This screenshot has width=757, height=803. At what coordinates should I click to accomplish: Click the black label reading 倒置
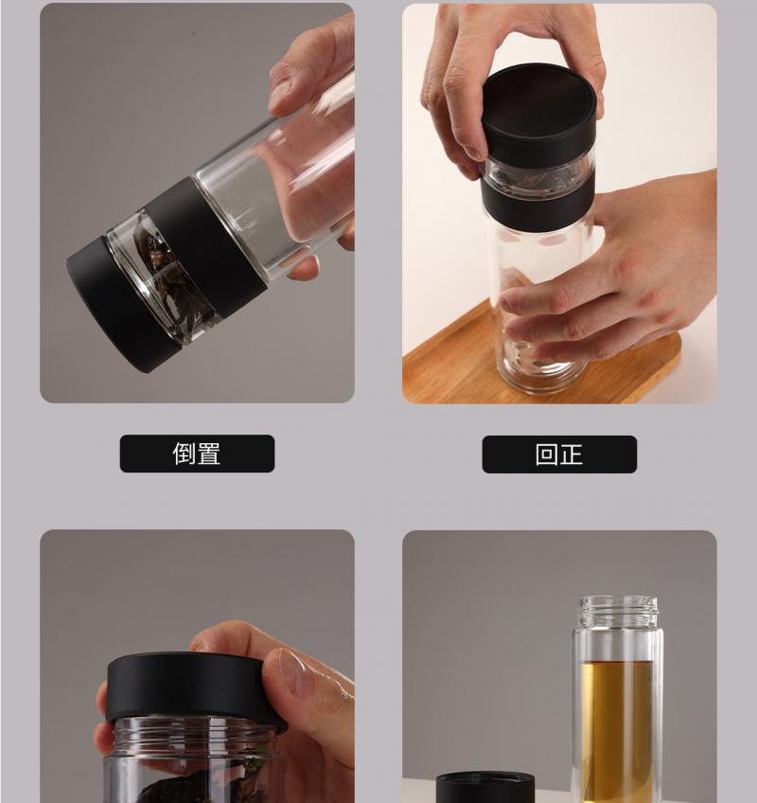197,454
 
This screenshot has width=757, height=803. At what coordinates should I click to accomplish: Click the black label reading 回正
559,455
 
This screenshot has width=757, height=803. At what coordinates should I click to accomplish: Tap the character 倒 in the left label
185,454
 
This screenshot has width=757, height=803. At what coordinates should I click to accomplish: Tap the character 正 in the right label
572,455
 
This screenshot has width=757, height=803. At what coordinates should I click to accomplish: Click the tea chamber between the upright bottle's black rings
537,174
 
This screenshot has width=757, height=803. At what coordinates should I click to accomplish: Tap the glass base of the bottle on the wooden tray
537,368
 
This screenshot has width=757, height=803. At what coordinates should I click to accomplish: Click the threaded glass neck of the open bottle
618,612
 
